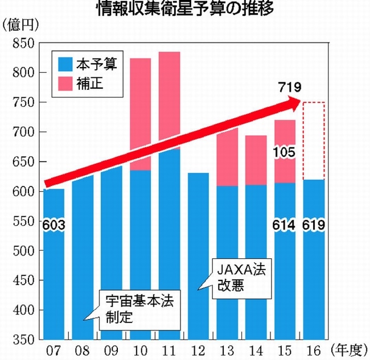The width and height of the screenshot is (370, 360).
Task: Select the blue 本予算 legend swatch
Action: point(64,64)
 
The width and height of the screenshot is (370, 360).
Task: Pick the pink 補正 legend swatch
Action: point(64,84)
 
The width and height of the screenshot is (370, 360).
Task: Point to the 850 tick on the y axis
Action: point(23,43)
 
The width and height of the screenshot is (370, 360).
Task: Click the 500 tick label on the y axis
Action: point(23,251)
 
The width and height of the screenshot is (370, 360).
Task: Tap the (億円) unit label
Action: point(19,25)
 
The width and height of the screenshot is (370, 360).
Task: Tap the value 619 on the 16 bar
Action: point(313,226)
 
